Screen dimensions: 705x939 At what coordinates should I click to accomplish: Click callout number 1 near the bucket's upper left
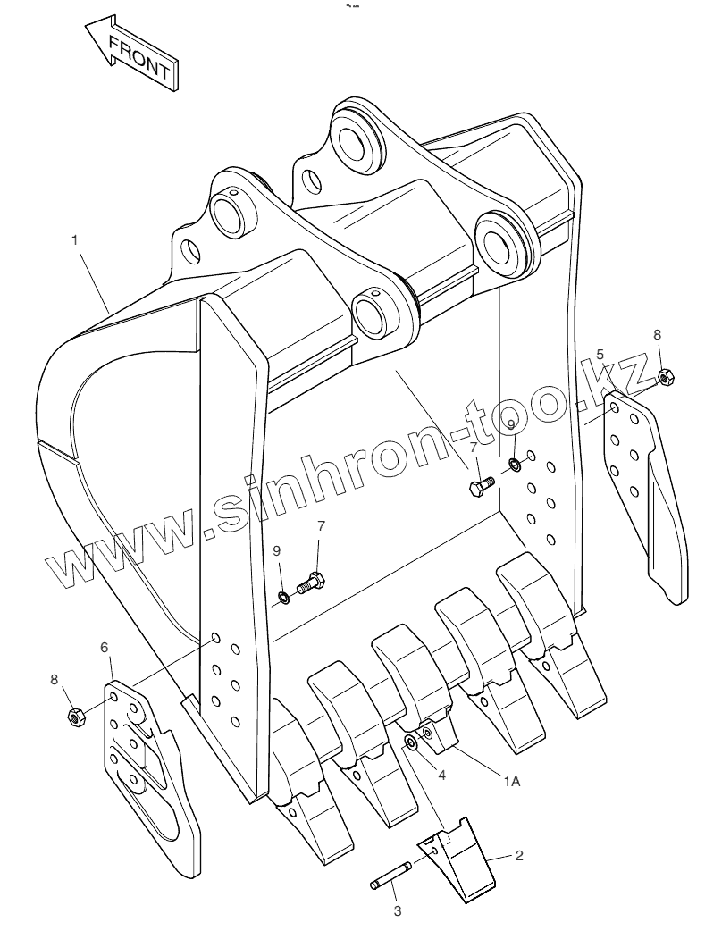point(76,239)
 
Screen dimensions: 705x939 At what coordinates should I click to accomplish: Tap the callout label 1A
point(511,781)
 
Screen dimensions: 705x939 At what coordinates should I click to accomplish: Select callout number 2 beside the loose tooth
point(519,855)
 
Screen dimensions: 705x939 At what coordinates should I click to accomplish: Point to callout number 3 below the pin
point(398,911)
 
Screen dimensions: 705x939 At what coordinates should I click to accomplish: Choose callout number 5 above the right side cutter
point(600,354)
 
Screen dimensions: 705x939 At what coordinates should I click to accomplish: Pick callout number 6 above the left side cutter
point(105,646)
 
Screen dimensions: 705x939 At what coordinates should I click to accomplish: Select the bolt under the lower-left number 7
point(309,583)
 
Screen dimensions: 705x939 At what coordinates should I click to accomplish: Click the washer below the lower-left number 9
point(282,597)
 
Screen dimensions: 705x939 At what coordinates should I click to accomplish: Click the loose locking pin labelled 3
point(390,876)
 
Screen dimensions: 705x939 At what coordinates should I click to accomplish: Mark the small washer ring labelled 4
point(412,743)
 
